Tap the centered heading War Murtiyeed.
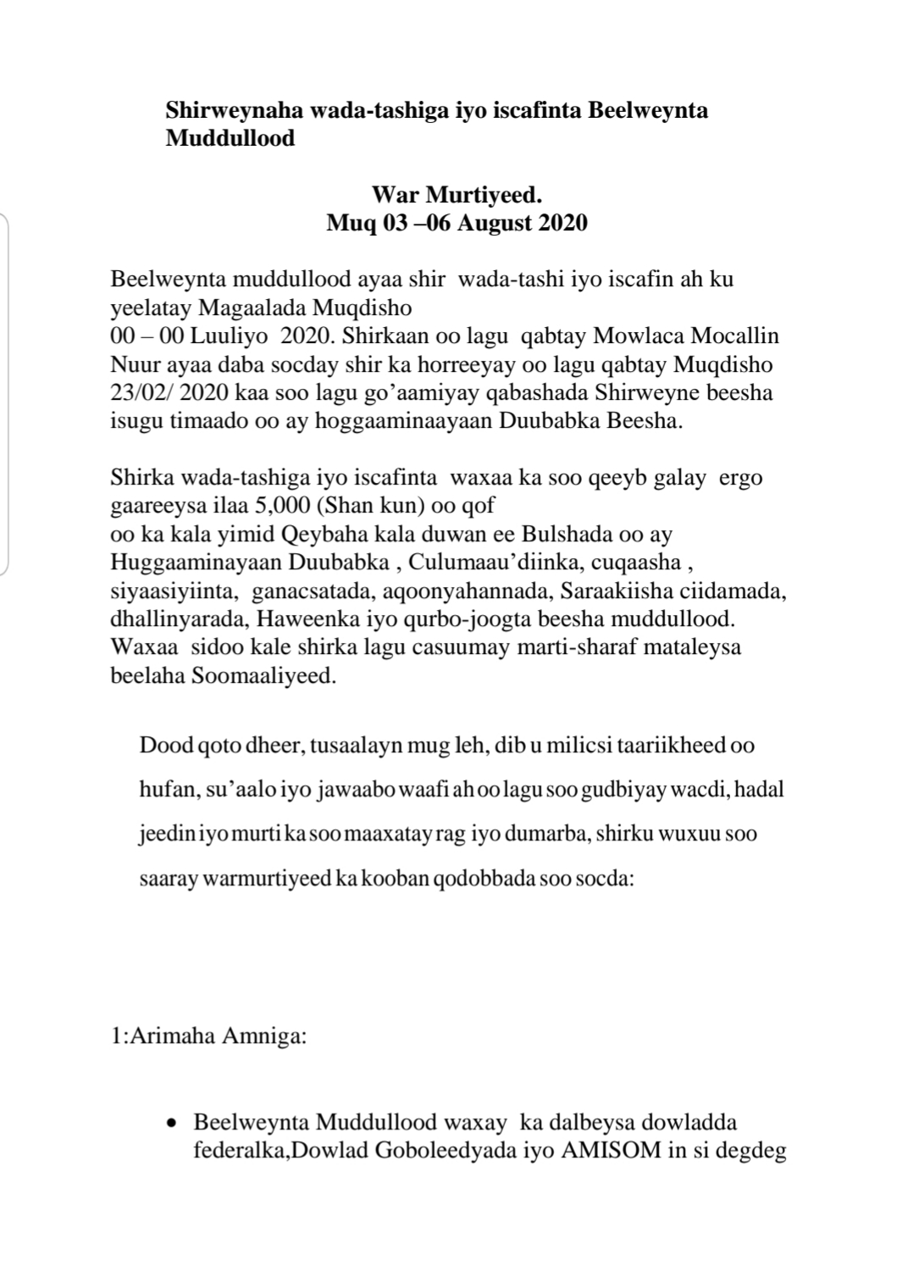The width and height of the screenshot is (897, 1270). click(x=457, y=196)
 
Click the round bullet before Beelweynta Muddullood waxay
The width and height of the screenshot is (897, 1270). click(x=173, y=1124)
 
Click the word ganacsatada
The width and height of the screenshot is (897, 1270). click(x=306, y=591)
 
